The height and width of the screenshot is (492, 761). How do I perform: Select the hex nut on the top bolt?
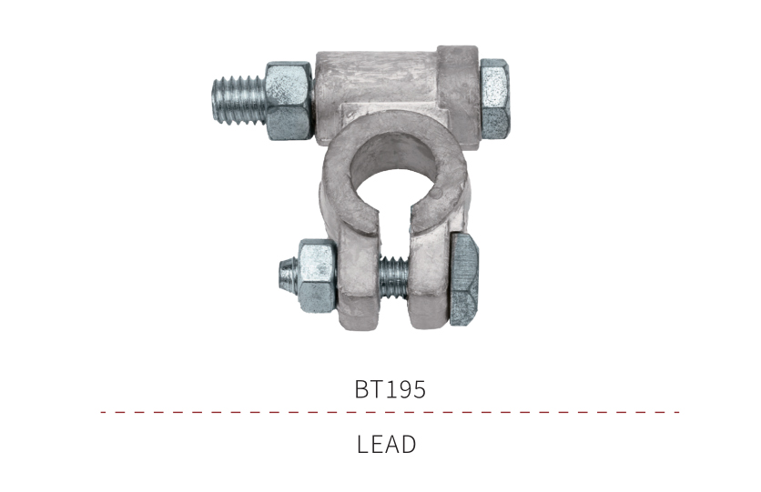289,101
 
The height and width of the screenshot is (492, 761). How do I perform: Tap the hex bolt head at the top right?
495,98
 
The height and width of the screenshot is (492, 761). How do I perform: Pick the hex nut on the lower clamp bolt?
317,276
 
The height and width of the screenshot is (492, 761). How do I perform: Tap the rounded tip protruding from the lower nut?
288,276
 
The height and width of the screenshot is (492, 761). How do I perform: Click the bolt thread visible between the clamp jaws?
393,277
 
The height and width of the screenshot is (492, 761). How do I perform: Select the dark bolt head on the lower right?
465,278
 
